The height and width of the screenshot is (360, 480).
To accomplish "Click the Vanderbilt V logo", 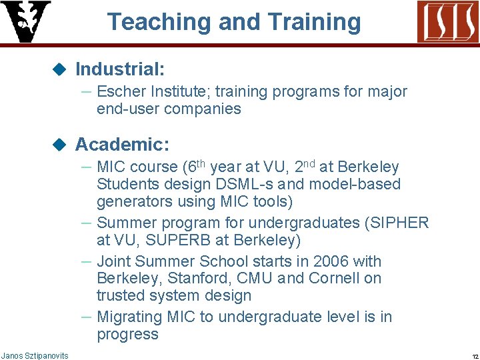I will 25,21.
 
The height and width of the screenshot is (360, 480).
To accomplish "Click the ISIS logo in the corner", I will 447,21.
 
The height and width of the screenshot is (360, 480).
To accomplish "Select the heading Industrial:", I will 120,69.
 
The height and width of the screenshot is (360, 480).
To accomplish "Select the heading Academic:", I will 122,144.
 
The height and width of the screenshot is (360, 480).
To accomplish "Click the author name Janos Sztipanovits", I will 35,356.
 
